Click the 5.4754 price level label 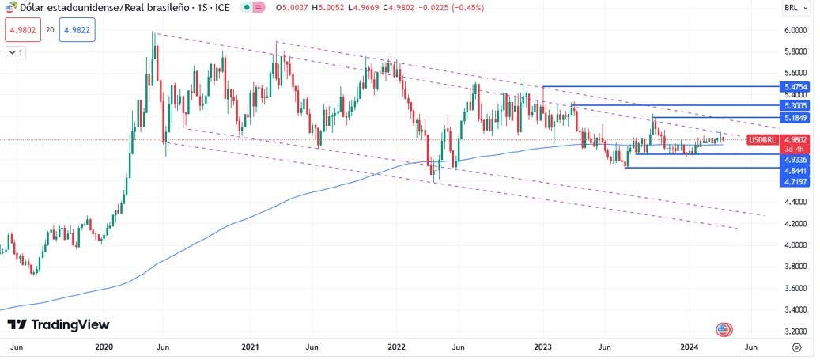[x=793, y=86]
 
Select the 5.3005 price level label [x=793, y=105]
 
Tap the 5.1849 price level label [x=793, y=118]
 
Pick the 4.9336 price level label [x=793, y=159]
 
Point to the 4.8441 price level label [x=793, y=170]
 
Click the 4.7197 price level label [x=793, y=182]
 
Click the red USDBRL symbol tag [x=762, y=140]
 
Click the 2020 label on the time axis [x=104, y=347]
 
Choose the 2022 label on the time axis [x=396, y=347]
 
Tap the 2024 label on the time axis [x=689, y=347]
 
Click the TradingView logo [x=59, y=324]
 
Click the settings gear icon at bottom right [x=796, y=347]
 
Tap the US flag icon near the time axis [x=724, y=329]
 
